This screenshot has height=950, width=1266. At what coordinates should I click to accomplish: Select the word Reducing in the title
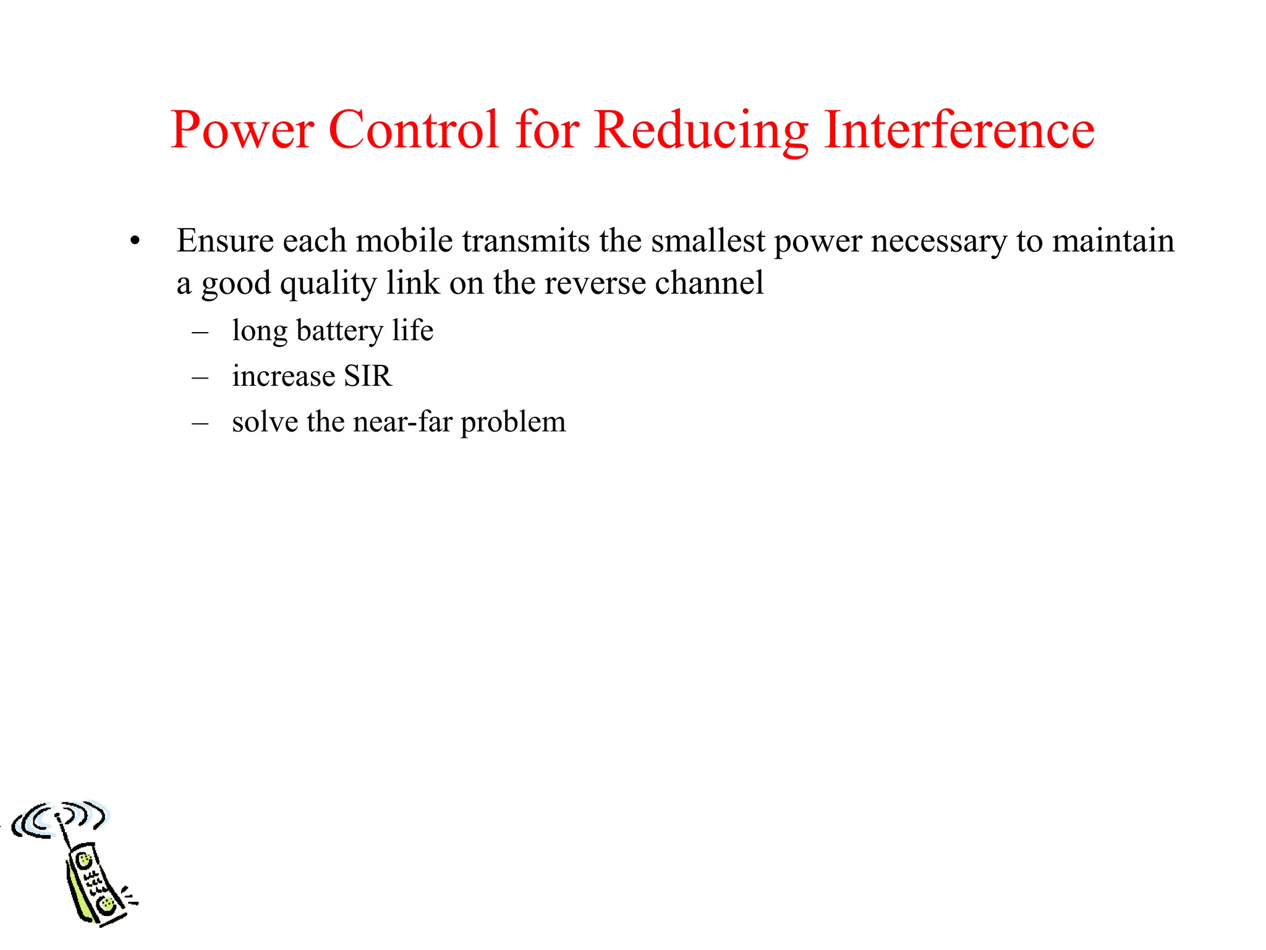(701, 131)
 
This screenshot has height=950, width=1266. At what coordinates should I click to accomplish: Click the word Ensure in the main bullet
(225, 241)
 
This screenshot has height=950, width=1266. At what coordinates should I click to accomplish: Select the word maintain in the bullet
(1113, 241)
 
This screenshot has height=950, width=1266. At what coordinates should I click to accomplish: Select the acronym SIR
(368, 376)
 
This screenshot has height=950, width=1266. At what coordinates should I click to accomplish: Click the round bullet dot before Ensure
(135, 241)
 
